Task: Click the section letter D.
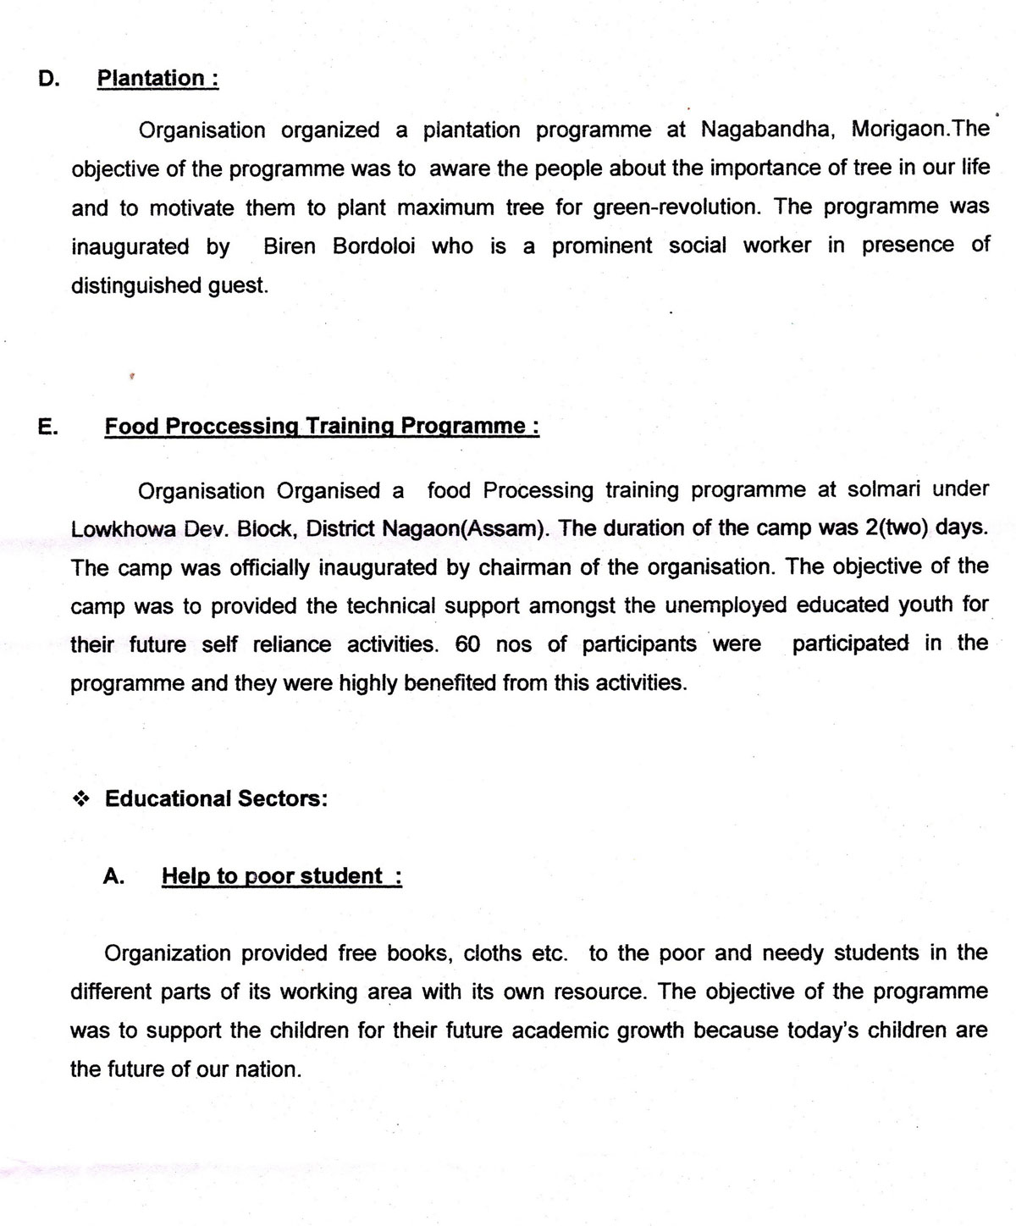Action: [49, 79]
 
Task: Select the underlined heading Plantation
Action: [157, 79]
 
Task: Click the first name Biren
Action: [292, 246]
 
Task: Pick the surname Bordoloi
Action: [374, 246]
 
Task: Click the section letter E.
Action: [48, 426]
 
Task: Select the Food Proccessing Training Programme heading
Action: [321, 426]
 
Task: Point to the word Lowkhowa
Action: [123, 529]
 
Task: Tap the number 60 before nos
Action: [467, 644]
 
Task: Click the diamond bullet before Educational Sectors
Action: [81, 798]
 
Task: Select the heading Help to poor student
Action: [281, 875]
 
